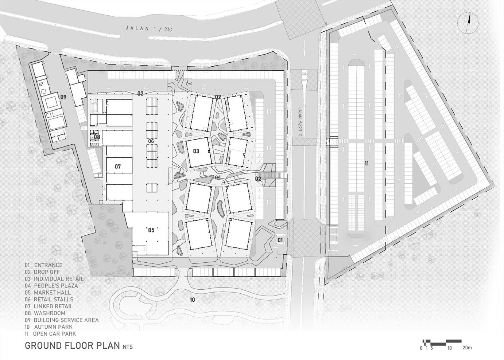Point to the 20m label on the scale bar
coord(467,348)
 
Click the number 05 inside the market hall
coord(151,230)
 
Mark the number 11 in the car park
coord(366,164)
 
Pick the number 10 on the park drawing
coord(192,300)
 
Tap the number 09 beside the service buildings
coord(63,97)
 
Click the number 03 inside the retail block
coord(196,151)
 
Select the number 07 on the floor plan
coord(117,167)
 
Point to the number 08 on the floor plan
coord(97,137)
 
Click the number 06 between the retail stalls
coord(151,141)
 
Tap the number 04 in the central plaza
coord(218,177)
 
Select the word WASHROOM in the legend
coord(50,313)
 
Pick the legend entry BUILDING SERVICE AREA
coord(66,320)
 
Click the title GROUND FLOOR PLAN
coord(72,345)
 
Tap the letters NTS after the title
coord(128,347)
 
